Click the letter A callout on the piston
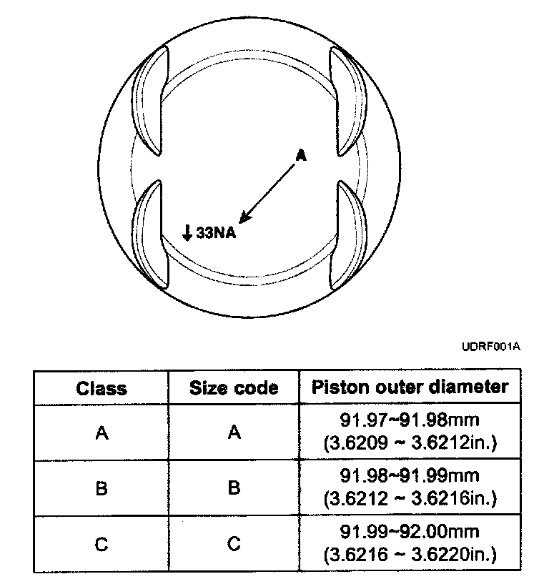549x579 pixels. point(301,155)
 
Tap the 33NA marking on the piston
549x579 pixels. point(215,233)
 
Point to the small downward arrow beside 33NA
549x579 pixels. point(187,233)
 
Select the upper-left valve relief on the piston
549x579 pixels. point(151,101)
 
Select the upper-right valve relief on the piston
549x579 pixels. point(350,101)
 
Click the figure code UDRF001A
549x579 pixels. point(491,346)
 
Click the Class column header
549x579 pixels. point(102,388)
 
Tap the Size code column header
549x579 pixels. point(234,388)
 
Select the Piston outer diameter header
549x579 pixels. point(410,387)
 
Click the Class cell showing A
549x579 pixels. point(102,433)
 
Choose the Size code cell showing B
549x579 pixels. point(234,488)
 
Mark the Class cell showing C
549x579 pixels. point(102,544)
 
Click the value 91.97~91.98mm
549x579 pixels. point(410,422)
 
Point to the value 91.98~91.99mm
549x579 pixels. point(410,477)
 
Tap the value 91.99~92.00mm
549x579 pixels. point(410,533)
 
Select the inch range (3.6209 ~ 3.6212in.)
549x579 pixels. point(410,443)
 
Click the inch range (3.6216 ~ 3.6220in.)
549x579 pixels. point(410,554)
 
